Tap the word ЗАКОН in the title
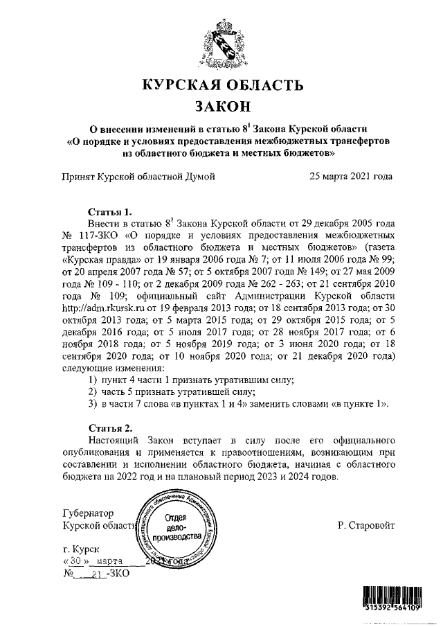pos(222,107)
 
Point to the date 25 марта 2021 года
pos(352,176)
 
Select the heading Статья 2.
pos(110,427)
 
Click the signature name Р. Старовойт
pos(367,525)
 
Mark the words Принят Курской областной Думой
pos(138,176)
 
